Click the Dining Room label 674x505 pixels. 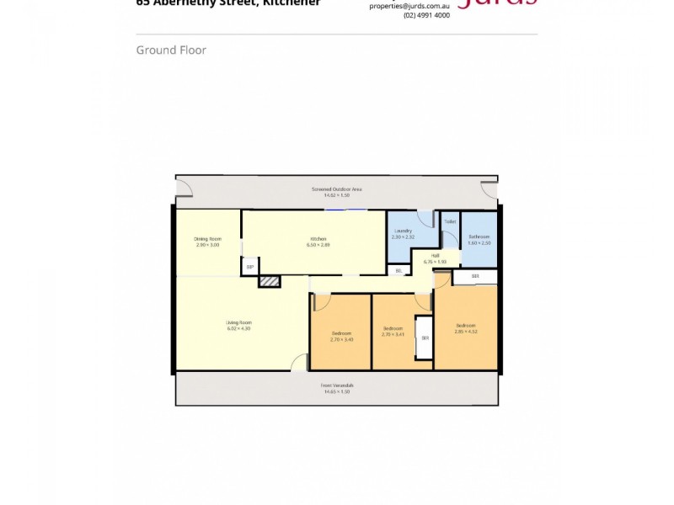207,239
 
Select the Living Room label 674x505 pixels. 239,322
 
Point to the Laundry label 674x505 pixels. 403,231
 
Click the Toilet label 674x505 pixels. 450,222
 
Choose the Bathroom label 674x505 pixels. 479,237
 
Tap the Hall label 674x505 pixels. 436,255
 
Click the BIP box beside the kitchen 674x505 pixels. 249,268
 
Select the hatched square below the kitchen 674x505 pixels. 270,282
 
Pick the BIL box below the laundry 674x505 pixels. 398,270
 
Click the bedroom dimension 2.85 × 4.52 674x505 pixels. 466,331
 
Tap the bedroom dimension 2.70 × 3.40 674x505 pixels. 342,339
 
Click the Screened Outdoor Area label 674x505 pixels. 336,189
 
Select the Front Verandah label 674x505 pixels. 337,385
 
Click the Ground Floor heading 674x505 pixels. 171,50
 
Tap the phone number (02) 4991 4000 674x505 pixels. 426,15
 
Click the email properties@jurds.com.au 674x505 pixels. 409,5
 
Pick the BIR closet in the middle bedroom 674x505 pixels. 425,338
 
